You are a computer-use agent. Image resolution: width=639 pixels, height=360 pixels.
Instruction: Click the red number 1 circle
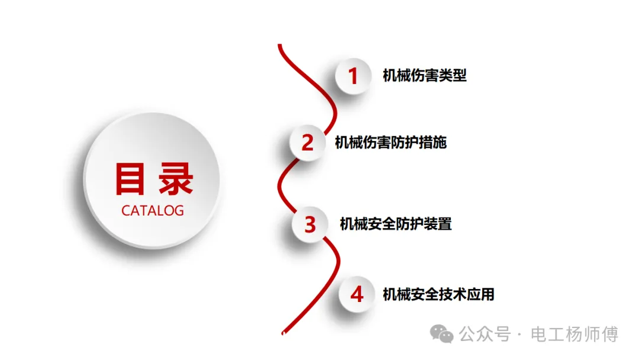tap(353, 76)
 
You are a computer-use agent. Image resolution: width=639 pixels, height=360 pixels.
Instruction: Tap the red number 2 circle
tap(308, 143)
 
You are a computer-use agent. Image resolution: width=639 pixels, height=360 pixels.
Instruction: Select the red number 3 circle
tap(311, 224)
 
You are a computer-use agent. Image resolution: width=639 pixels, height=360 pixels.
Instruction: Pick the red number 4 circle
tap(357, 294)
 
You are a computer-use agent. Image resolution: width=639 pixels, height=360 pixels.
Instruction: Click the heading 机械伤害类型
tap(424, 76)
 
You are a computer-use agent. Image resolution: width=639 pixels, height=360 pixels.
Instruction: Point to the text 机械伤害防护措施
tap(390, 143)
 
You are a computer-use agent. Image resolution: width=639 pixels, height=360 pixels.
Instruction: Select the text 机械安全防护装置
tap(395, 224)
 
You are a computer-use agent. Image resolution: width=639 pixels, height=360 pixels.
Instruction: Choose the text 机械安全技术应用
tap(438, 294)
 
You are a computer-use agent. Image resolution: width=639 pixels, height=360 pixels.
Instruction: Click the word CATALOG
tap(153, 211)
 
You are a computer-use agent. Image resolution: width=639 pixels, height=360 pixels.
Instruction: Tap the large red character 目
tap(130, 179)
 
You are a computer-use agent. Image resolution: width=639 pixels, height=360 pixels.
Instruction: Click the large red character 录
tap(175, 179)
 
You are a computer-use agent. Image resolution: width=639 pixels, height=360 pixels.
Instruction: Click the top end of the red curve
tap(280, 46)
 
